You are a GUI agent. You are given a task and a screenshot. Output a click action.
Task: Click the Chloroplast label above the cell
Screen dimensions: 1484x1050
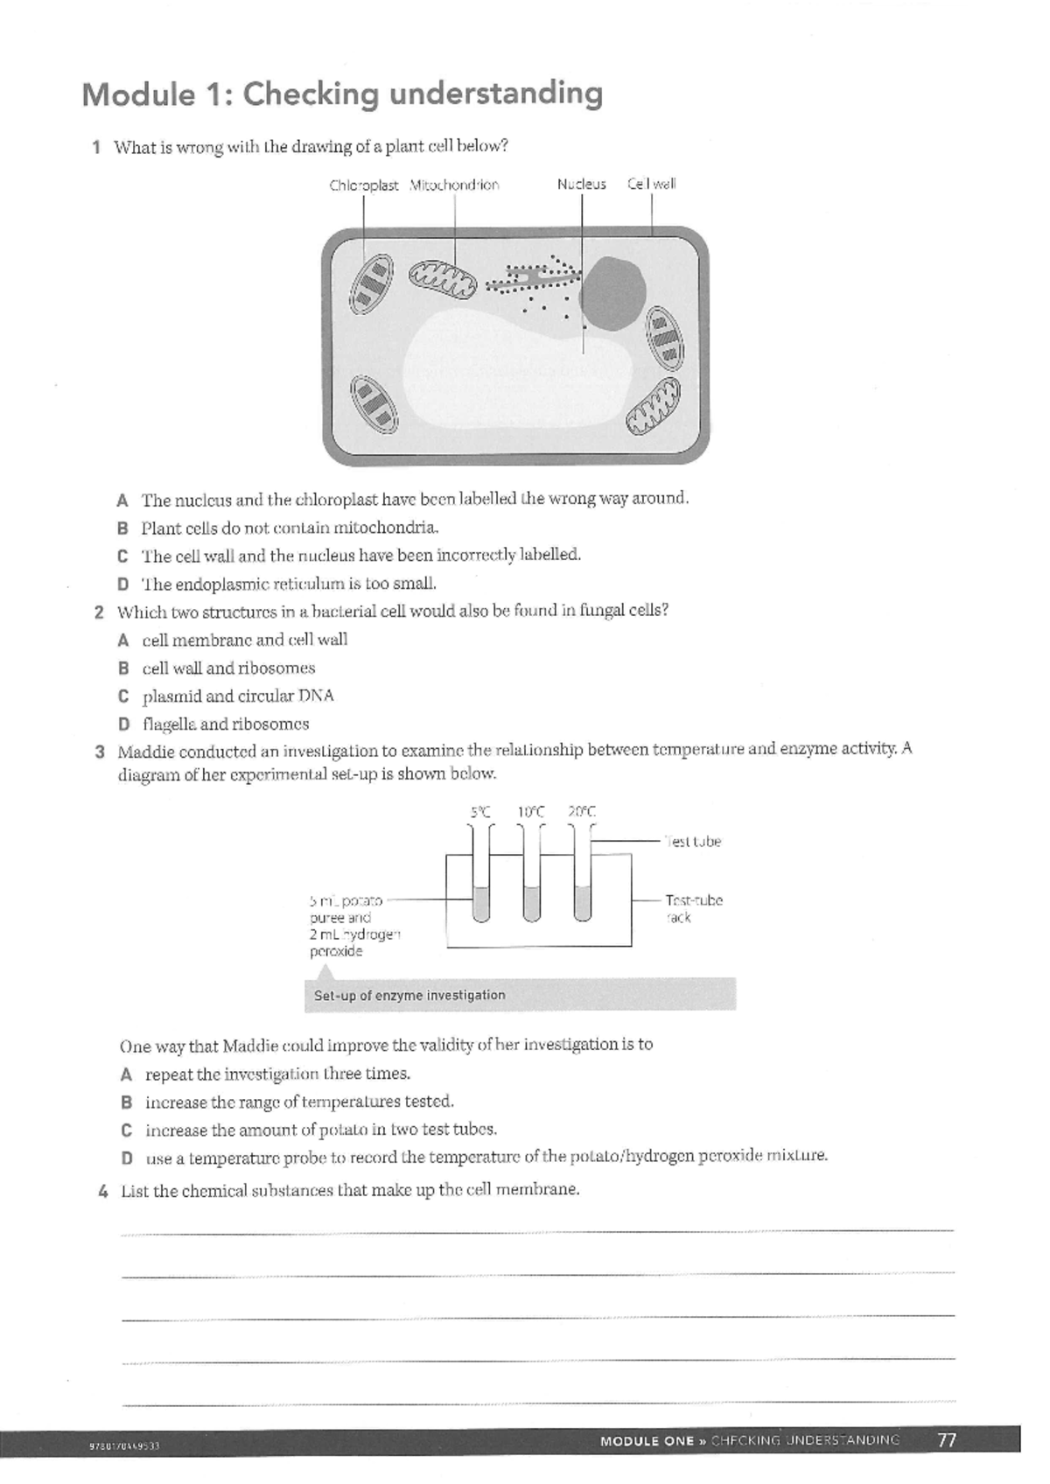363,185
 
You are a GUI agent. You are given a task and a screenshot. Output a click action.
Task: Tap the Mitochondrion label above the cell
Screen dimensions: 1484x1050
454,185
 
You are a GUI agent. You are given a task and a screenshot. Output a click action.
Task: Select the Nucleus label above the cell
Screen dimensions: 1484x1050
582,185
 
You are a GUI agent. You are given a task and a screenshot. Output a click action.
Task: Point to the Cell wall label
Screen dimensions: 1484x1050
652,185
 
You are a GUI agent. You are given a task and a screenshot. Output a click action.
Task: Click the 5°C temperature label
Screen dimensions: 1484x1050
480,812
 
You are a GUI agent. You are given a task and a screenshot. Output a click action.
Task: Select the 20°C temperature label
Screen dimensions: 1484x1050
582,812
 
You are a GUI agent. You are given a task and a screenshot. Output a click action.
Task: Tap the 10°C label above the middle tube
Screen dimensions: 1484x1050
531,812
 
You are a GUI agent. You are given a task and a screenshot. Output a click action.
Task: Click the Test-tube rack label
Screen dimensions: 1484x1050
693,908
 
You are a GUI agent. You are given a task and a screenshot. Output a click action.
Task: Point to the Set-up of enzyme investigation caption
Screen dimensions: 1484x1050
409,996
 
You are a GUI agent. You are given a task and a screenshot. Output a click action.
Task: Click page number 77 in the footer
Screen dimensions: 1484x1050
947,1440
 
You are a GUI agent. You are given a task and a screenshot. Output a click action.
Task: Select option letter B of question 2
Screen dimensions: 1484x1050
124,668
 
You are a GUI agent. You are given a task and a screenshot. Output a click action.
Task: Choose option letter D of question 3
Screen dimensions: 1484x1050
127,1158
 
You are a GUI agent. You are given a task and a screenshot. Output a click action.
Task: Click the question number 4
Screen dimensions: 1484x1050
103,1191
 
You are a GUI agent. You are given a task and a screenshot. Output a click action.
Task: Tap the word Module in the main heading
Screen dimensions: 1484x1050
137,94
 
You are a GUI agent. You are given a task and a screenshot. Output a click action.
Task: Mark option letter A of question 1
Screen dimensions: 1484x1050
123,500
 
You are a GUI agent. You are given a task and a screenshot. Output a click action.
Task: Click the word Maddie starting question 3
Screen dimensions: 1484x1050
144,752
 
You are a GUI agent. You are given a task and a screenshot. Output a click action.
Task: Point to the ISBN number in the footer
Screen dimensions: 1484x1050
124,1445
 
